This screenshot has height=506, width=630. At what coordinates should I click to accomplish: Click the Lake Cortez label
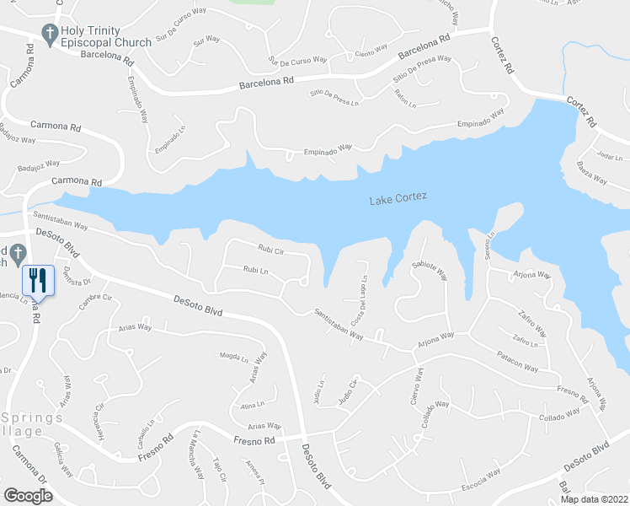pos(398,198)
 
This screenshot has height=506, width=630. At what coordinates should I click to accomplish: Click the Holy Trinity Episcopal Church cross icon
pos(49,35)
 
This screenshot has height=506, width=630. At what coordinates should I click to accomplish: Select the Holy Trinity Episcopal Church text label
pos(104,36)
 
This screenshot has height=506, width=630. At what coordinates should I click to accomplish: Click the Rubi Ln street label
pos(255,270)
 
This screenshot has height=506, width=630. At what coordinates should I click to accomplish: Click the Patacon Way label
pos(517,362)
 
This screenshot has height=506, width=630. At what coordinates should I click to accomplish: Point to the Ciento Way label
pos(371,52)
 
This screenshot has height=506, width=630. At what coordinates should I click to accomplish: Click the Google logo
pos(28,495)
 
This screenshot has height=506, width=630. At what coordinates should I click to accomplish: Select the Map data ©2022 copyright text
pos(593,499)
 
